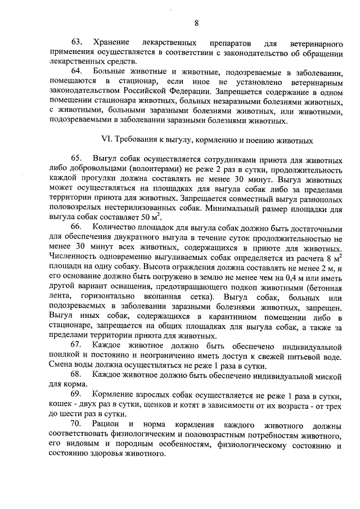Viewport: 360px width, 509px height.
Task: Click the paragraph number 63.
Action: click(x=76, y=43)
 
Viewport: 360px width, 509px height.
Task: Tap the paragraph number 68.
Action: click(x=76, y=374)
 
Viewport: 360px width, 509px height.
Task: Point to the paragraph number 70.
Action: click(x=76, y=422)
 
